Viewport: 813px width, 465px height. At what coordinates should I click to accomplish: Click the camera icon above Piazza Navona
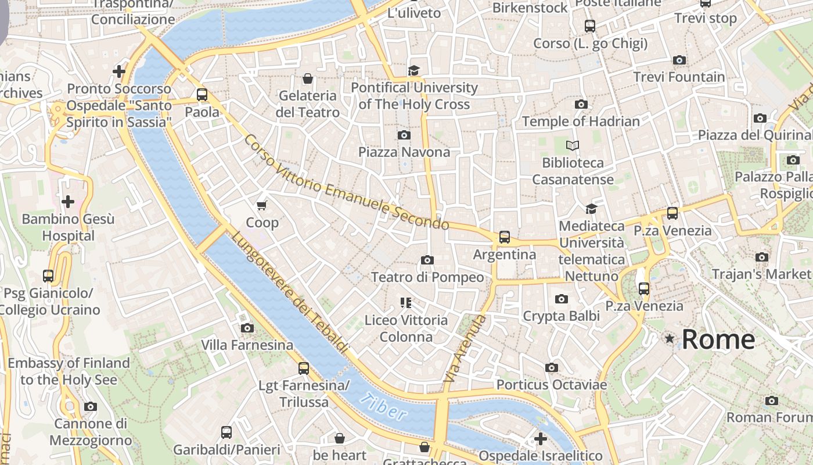(404, 135)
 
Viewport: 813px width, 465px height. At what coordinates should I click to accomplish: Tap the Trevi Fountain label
(679, 77)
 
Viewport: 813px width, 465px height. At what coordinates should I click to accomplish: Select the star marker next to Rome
(670, 338)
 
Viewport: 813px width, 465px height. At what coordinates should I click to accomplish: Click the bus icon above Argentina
(504, 237)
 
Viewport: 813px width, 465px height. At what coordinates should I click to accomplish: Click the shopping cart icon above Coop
(262, 205)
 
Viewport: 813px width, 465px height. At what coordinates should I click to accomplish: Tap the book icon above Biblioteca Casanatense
(573, 145)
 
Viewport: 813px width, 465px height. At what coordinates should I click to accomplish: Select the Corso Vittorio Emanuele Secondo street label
(346, 183)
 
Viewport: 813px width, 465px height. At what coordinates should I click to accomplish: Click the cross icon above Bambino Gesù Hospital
(68, 202)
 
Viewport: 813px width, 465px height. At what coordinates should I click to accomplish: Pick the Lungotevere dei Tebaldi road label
(290, 292)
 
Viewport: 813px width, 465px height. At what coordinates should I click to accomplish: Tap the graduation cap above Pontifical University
(413, 70)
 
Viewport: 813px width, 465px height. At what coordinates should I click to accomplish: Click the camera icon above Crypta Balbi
(561, 299)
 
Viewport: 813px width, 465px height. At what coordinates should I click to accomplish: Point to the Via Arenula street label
(464, 349)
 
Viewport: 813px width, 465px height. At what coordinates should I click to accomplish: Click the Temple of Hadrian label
(581, 121)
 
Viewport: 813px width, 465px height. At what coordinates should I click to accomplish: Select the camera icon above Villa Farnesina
(247, 328)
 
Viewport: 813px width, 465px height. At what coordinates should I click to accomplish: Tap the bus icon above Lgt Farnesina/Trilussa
(303, 368)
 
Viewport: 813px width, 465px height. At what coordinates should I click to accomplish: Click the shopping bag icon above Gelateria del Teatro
(308, 78)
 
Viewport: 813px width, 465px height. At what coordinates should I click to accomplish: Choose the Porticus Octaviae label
(551, 385)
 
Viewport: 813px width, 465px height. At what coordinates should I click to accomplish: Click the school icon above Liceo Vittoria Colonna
(406, 303)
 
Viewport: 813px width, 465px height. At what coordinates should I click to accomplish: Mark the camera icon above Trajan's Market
(762, 257)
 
